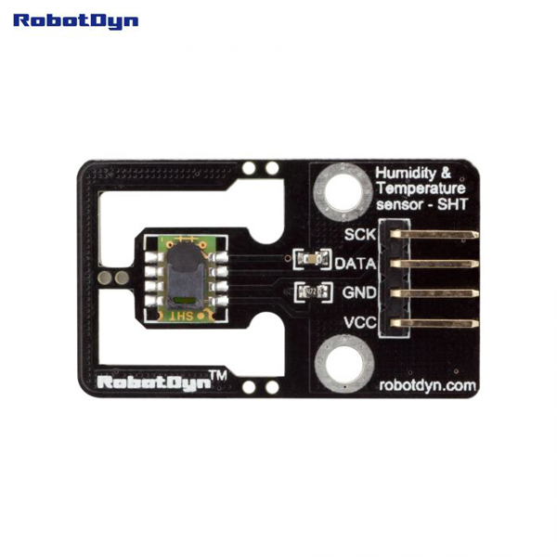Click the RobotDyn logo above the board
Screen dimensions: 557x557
click(x=76, y=19)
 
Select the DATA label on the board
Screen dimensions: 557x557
click(x=355, y=264)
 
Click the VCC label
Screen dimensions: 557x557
click(x=358, y=323)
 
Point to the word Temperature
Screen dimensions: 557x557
click(x=413, y=188)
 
